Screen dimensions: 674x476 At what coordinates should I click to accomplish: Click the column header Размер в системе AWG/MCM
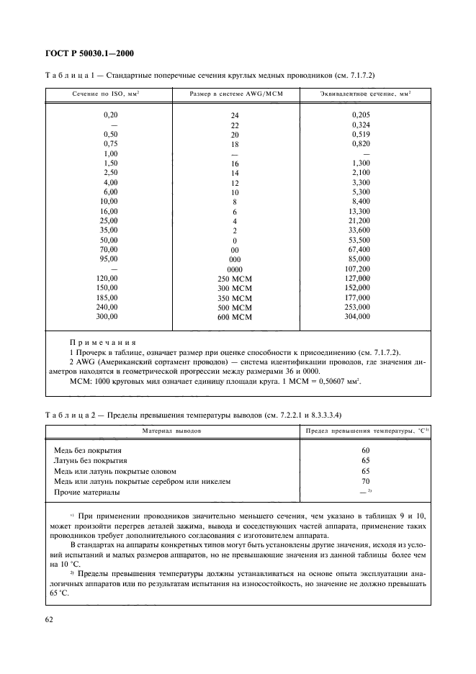[x=234, y=95]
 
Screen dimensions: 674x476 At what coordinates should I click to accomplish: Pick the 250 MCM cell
[x=234, y=279]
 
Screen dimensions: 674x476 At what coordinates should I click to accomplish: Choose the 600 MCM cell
[x=234, y=317]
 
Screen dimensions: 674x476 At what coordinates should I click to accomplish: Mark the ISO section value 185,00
[x=110, y=297]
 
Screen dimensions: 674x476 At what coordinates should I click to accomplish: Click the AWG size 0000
[x=234, y=269]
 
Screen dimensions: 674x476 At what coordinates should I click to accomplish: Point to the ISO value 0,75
[x=110, y=143]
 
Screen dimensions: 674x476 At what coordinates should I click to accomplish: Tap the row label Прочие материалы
[x=86, y=493]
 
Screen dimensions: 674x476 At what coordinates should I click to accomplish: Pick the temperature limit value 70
[x=365, y=482]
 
